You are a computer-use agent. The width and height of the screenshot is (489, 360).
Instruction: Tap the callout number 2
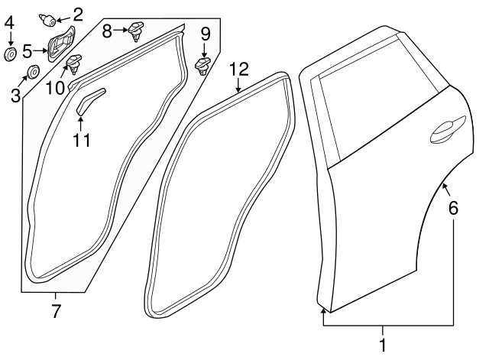click(78, 13)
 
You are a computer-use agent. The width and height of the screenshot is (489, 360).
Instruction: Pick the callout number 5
click(28, 51)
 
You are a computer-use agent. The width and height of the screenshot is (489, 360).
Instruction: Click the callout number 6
click(453, 206)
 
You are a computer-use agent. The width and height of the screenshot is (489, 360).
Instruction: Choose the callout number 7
click(56, 310)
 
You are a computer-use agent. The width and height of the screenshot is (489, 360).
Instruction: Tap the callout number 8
click(108, 30)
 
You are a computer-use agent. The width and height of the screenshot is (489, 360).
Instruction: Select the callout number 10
click(54, 88)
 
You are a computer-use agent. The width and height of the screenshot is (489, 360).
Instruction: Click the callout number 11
click(81, 139)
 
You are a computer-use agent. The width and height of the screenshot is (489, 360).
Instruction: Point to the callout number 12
click(238, 69)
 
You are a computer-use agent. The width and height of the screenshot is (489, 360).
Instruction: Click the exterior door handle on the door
click(447, 131)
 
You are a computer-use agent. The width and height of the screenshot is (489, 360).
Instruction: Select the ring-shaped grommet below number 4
click(11, 54)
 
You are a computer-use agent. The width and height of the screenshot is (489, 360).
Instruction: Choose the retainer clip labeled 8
click(138, 30)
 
